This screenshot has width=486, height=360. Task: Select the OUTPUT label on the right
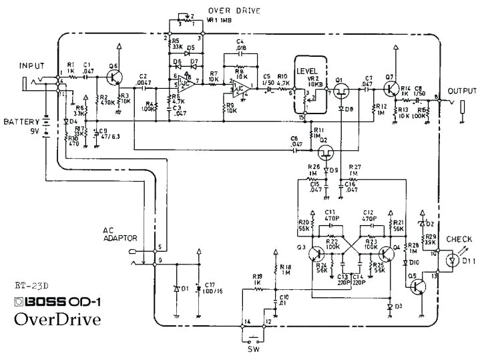point(462,91)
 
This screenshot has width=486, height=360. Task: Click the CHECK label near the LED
point(460,239)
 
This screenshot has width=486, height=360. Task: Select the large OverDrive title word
point(57,319)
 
